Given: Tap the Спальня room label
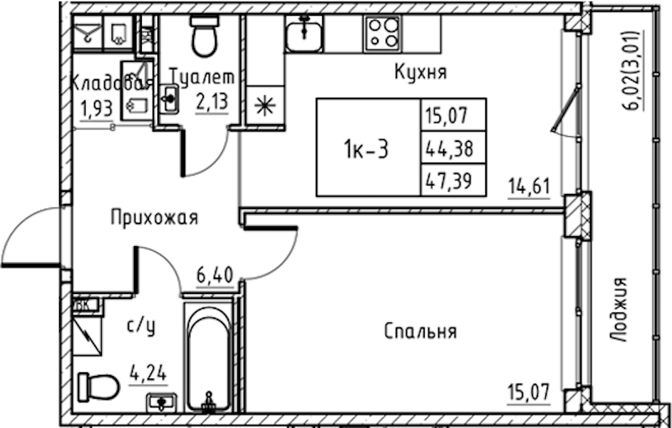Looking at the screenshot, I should tap(420, 331).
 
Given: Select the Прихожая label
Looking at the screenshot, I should tap(153, 218).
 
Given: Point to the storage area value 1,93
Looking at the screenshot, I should tap(93, 111).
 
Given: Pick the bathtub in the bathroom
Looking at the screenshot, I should tap(210, 357).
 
